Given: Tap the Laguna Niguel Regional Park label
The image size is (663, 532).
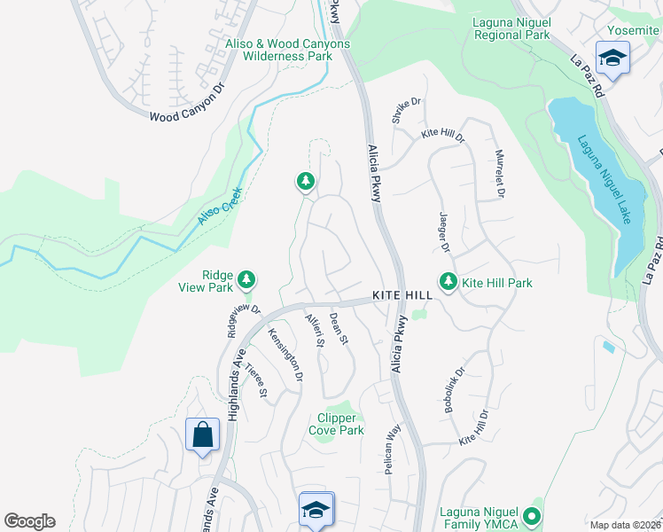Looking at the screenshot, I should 511,29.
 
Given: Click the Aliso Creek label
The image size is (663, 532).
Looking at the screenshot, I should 220,204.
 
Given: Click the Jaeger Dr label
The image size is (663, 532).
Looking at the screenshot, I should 444,232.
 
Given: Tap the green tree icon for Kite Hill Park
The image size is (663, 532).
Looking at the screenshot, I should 448,282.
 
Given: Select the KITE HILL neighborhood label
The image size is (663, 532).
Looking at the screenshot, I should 402,293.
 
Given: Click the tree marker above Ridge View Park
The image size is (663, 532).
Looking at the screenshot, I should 246,279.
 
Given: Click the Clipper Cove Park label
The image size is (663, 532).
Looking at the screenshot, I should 336,424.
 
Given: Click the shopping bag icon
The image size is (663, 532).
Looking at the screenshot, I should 202,435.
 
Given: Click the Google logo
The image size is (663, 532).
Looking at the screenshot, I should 29,521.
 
